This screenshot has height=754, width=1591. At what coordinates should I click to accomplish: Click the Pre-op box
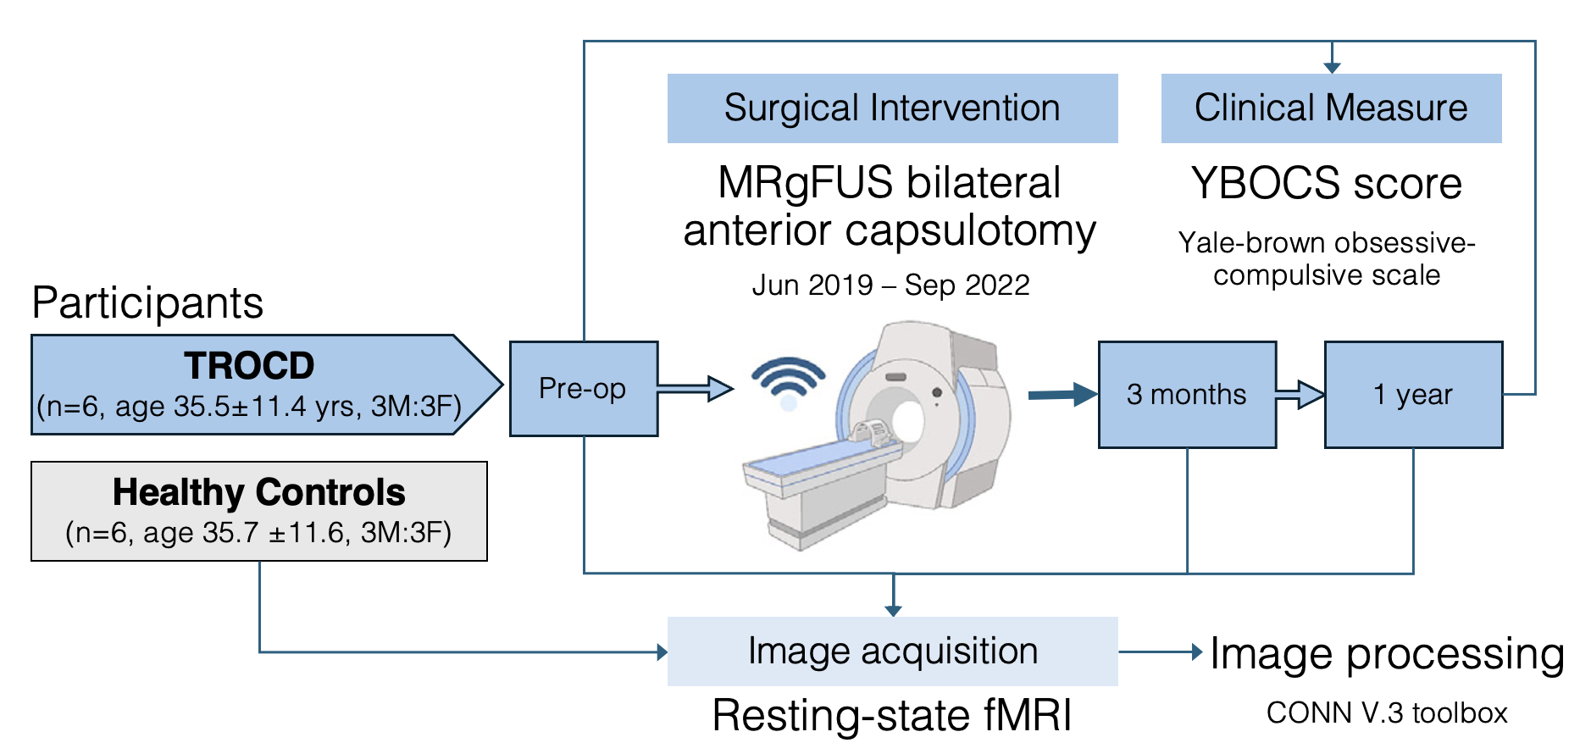[x=583, y=389]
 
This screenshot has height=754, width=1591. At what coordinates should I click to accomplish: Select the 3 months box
[x=1186, y=395]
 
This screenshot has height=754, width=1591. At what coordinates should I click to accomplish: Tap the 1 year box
[x=1412, y=395]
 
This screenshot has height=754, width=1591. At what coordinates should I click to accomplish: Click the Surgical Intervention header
[x=892, y=108]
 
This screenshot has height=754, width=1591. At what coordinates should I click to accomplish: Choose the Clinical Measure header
[x=1330, y=108]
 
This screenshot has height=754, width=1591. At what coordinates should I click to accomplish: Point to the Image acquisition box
[x=892, y=651]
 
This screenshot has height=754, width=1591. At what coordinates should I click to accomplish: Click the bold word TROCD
[x=249, y=366]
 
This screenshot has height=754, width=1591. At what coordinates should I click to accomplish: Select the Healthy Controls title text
[x=258, y=492]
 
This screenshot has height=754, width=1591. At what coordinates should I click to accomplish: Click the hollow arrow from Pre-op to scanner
[x=695, y=389]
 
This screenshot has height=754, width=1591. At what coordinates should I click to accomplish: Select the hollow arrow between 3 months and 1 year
[x=1300, y=395]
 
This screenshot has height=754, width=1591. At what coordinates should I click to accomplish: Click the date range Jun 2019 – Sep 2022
[x=890, y=286]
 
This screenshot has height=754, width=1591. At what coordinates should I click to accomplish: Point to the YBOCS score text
[x=1326, y=184]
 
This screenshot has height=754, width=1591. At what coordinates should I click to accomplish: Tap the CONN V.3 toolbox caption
[x=1386, y=713]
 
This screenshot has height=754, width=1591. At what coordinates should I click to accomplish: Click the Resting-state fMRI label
[x=892, y=716]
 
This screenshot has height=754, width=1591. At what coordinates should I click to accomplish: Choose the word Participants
[x=147, y=303]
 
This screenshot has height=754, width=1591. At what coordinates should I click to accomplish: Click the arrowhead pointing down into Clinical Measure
[x=1332, y=68]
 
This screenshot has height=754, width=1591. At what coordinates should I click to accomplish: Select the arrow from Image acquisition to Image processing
[x=1160, y=651]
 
